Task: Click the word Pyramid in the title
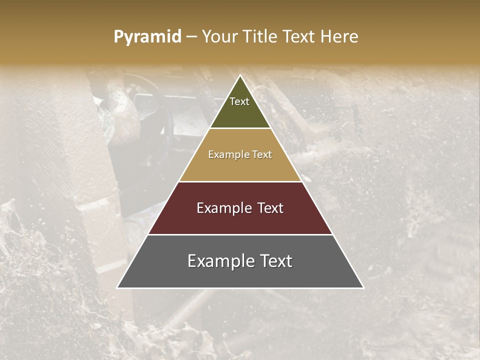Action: point(147,37)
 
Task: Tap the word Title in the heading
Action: point(260,37)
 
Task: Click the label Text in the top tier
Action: point(239,101)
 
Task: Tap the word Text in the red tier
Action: point(269,208)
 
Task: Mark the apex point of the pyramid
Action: point(240,75)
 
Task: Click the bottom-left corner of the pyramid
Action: point(117,288)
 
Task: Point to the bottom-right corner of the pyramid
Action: point(363,288)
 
